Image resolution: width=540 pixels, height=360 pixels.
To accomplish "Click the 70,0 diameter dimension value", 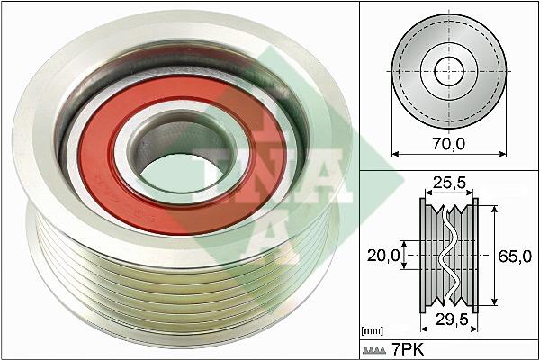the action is click(449, 143).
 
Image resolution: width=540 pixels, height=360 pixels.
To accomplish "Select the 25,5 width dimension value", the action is click(449, 183).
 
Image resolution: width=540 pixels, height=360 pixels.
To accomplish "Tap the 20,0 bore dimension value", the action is click(383, 256).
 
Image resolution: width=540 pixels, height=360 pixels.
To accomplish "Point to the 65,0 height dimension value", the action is click(515, 256).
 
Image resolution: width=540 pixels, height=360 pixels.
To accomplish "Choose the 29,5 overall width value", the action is click(452, 319).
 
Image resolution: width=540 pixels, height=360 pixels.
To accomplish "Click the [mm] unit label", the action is click(373, 331).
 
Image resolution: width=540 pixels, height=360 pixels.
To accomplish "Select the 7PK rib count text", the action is click(408, 350).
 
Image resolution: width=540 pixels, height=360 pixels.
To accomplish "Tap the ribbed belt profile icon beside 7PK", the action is click(374, 350).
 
